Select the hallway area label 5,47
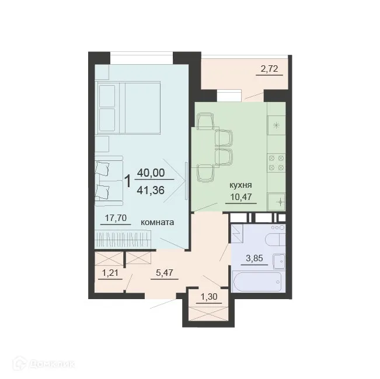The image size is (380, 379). click(166, 271)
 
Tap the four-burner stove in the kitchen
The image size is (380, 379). click(275, 162)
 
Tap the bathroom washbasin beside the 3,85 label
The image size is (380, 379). click(278, 261)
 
